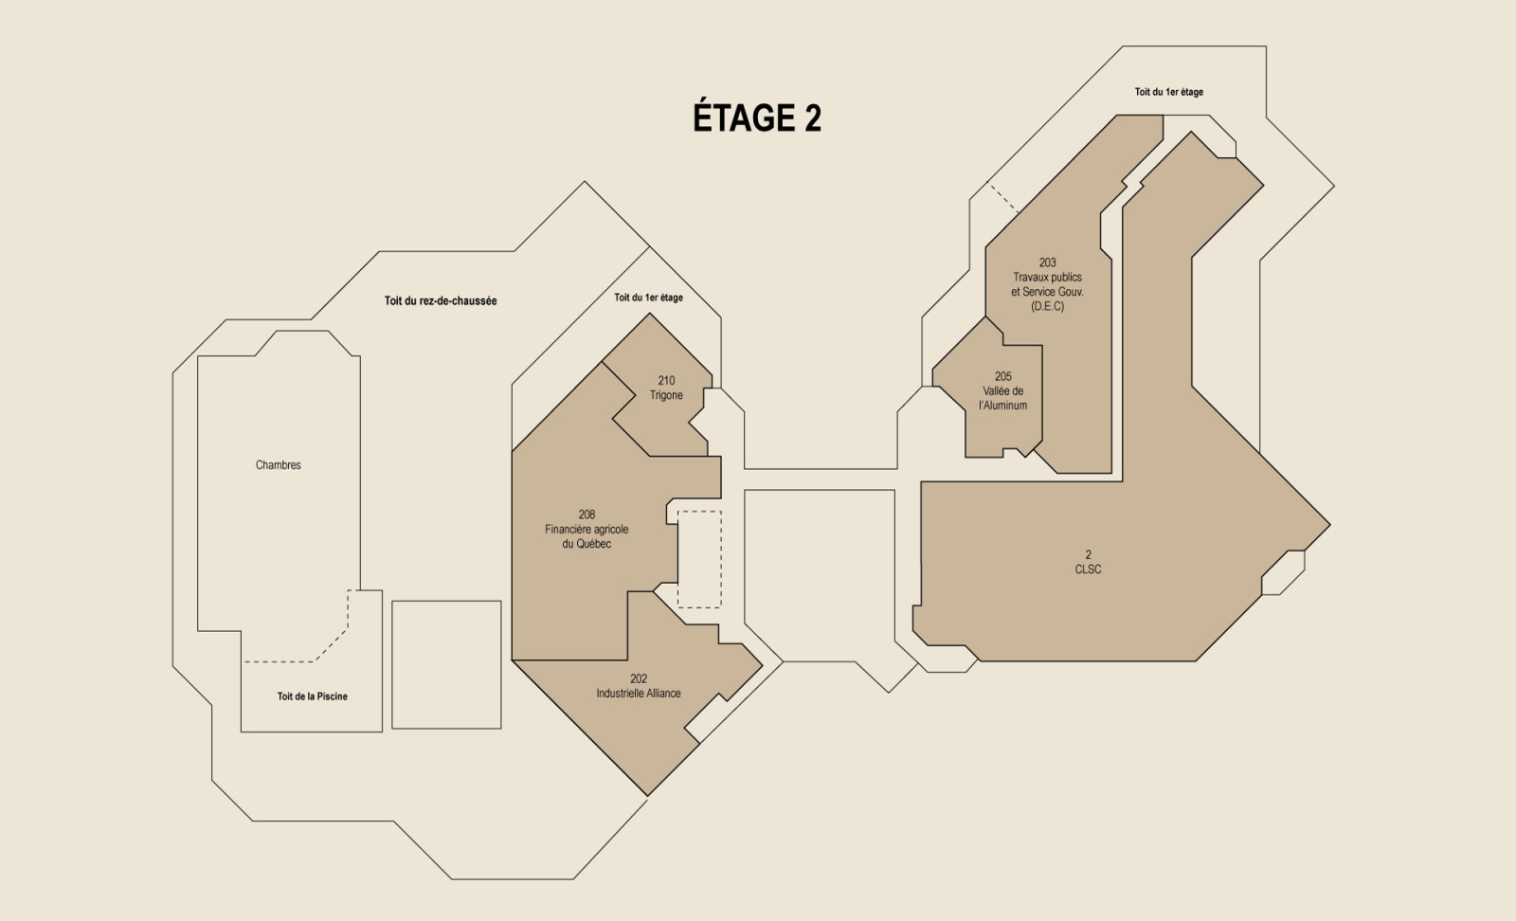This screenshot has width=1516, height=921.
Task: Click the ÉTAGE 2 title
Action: tap(757, 117)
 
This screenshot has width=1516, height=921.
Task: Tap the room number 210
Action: tap(666, 381)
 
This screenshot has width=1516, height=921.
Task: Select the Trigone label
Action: tap(666, 396)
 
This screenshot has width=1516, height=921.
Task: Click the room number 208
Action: tap(587, 515)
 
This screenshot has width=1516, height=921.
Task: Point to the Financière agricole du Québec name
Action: tap(587, 536)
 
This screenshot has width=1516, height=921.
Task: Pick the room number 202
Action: tap(639, 678)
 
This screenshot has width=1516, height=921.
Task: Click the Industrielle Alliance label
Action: tap(639, 694)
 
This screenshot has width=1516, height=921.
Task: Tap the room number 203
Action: tap(1047, 262)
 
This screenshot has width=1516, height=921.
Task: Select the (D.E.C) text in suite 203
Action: tap(1047, 307)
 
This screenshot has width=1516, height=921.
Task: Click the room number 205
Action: tap(1003, 376)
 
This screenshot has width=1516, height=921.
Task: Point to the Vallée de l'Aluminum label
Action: tap(1003, 399)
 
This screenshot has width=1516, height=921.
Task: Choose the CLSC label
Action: tap(1088, 569)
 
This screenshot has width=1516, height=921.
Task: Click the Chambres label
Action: tap(279, 465)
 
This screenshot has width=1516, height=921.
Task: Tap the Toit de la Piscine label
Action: tap(312, 696)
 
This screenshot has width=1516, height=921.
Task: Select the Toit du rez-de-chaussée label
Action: tap(441, 301)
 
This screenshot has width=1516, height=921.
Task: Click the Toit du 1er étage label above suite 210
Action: tap(648, 298)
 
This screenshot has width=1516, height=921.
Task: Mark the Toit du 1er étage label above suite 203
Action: tap(1169, 92)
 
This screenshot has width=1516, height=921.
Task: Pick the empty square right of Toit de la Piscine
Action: tap(446, 664)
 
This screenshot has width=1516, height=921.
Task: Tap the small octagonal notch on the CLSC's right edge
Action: tap(1283, 573)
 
